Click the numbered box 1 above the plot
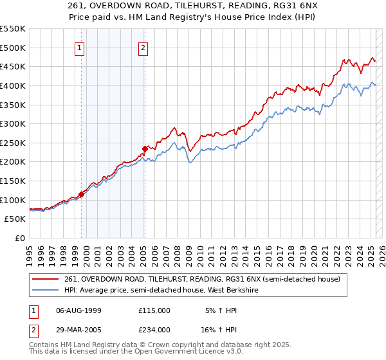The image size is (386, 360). [x=78, y=47]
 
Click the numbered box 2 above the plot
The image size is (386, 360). [x=142, y=47]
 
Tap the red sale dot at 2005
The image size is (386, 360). [x=145, y=148]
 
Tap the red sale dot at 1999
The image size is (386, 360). [x=81, y=194]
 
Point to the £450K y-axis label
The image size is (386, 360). [x=13, y=66]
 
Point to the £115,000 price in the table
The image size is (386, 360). [x=154, y=310]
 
